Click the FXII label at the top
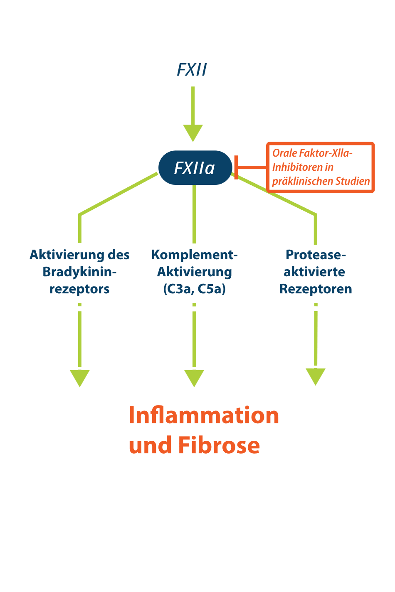coord(192,70)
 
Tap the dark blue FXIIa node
coord(195,168)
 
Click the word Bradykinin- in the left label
coord(79,272)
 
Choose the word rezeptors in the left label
coord(79,289)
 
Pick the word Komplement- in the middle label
coord(194,255)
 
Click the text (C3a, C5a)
coord(194,289)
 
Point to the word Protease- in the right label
coord(316,255)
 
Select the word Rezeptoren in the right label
coord(316,289)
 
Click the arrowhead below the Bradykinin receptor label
coord(79,377)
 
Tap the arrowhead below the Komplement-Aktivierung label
coord(194,377)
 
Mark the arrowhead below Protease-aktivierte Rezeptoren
coord(316,376)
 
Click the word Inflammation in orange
coord(204,415)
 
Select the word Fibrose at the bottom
coord(219,445)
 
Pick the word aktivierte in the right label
coord(314,272)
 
